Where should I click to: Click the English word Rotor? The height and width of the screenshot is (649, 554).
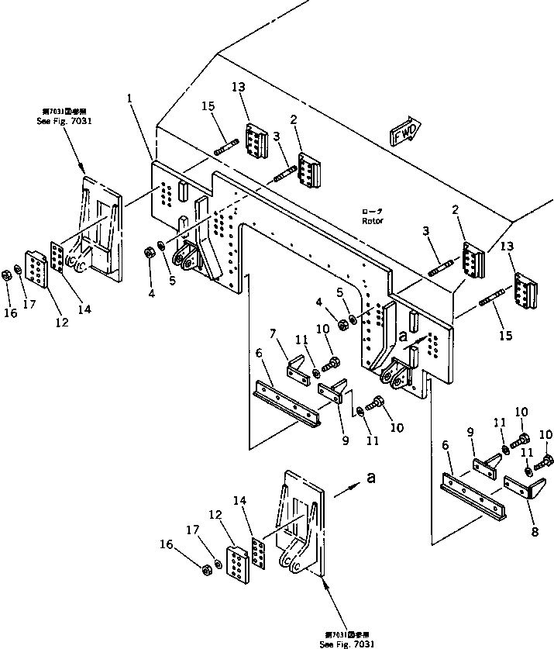pos(373,220)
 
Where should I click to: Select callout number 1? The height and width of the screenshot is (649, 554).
pos(130,99)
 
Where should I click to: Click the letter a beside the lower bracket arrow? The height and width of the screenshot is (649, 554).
pos(370,478)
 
